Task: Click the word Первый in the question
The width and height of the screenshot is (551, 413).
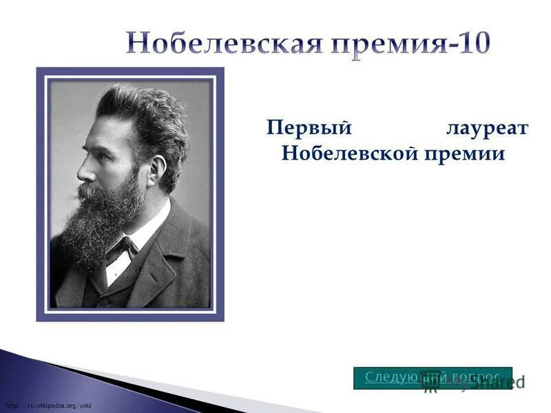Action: [x=310, y=129]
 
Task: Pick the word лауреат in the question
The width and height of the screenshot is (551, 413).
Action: [x=486, y=129]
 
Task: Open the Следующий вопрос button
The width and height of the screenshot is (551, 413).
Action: [x=433, y=377]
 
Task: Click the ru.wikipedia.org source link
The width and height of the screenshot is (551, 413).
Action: [x=48, y=405]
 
